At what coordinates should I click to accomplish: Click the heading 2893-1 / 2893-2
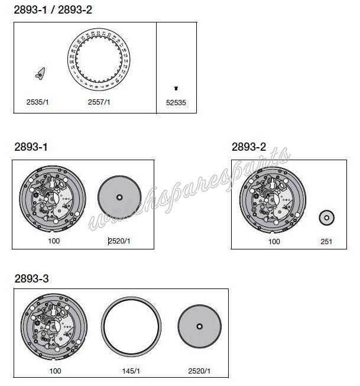tap(52, 10)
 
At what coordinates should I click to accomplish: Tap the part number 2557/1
tap(99, 102)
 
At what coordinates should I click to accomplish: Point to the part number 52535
tap(176, 102)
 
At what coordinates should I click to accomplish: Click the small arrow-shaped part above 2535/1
tap(40, 74)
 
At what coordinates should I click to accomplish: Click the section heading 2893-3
tap(31, 277)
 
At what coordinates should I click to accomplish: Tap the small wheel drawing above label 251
tap(326, 217)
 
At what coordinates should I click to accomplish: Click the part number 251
tap(326, 242)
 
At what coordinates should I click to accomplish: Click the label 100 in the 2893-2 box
tap(274, 242)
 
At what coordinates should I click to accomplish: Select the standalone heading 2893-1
tap(31, 147)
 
